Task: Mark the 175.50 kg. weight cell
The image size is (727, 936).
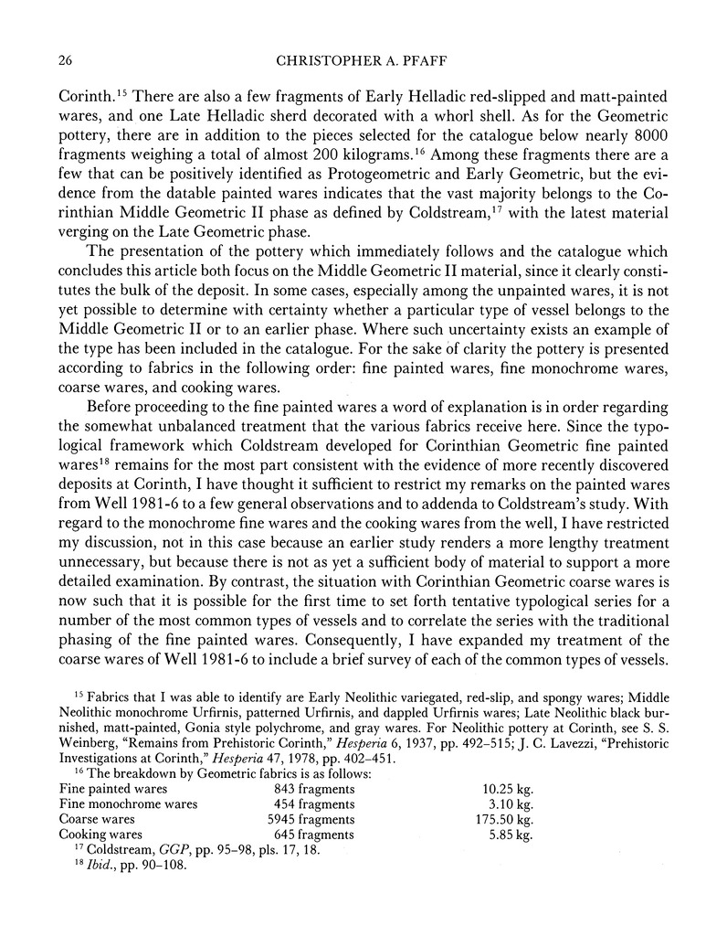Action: tap(500, 819)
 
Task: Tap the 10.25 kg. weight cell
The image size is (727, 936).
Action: tap(506, 788)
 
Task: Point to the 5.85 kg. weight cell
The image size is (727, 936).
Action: tap(508, 835)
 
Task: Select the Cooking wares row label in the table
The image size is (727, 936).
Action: tap(100, 835)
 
